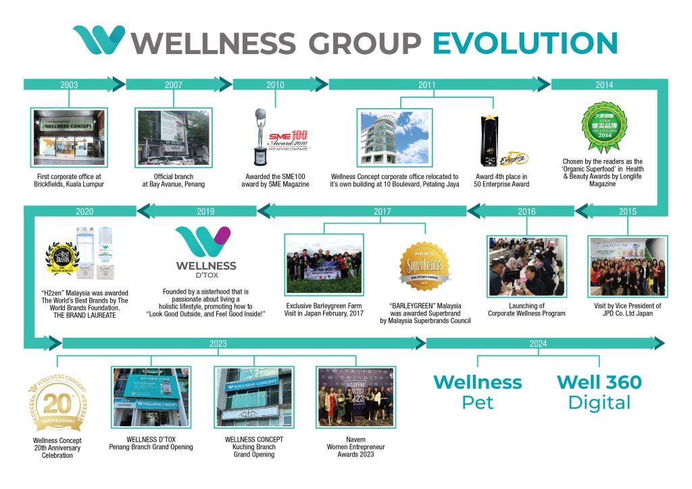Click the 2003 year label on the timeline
pos(69,85)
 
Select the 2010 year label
pos(275,85)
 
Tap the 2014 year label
pos(604,85)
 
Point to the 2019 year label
pos(206,211)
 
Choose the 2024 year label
pos(538,343)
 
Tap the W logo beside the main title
pos(99,40)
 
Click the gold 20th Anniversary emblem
pos(57,405)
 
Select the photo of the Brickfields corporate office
pos(69,138)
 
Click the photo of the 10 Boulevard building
pos(394,138)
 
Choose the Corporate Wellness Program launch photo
pos(526,267)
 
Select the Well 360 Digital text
pos(599,392)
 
